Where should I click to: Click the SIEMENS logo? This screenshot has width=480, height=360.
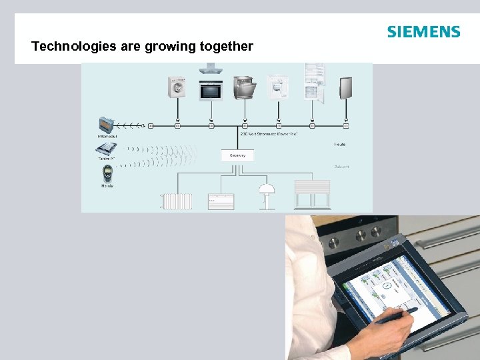(423, 32)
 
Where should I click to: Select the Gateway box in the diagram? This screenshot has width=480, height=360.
(238, 155)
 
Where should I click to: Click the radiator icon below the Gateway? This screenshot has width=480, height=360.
(177, 201)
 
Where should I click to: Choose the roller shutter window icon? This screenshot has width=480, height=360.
(312, 195)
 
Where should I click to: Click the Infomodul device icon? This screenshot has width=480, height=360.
(107, 125)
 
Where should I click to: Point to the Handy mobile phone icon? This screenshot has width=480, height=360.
(107, 174)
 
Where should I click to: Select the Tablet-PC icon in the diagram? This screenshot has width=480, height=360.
(107, 151)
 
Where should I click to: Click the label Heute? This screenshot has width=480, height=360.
(339, 145)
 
